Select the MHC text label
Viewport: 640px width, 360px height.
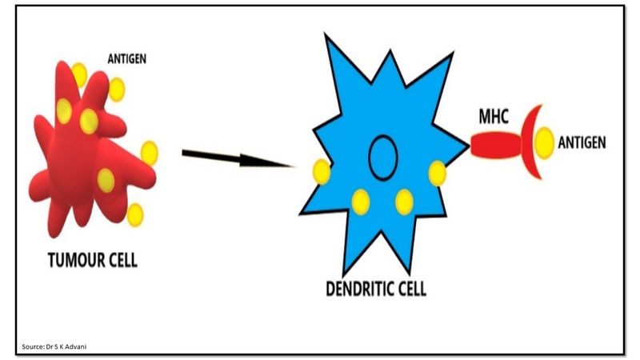(494, 118)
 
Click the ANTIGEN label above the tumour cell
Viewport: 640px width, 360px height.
(127, 58)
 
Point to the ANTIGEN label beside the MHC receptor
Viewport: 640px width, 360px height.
(582, 143)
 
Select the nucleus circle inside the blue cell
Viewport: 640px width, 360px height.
(383, 158)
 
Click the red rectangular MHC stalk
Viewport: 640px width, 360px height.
(493, 145)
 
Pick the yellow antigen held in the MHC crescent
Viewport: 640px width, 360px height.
(545, 143)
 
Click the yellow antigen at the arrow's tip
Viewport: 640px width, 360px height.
(321, 171)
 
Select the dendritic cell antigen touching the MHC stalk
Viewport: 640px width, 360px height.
(437, 172)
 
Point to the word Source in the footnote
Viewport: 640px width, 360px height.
(32, 346)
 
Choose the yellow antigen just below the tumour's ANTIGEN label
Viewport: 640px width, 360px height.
(118, 88)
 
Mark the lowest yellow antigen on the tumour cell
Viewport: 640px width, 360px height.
(134, 214)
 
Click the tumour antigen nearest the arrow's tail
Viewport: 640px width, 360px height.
(149, 152)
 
